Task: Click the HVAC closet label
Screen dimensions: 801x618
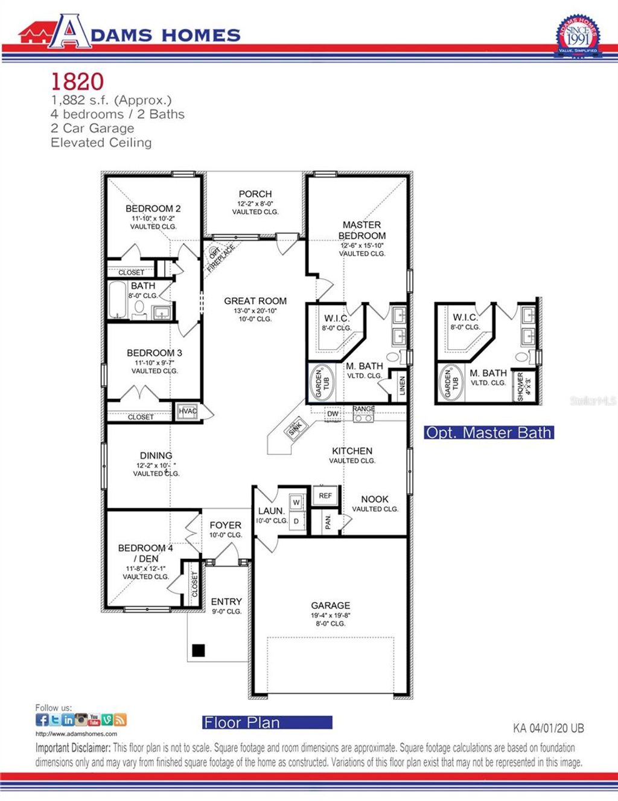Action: [188, 411]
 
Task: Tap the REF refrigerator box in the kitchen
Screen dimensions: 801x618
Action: [325, 495]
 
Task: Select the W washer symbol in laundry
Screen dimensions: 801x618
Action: [296, 503]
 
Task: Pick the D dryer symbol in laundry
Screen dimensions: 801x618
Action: [296, 521]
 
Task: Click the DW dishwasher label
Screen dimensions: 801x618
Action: [333, 414]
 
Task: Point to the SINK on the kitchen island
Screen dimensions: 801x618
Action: [295, 429]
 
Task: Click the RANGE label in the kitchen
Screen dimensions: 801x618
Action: [364, 410]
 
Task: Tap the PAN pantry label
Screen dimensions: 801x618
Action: [328, 522]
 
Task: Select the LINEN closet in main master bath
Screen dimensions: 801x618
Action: [402, 387]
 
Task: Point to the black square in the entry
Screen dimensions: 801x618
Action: [198, 651]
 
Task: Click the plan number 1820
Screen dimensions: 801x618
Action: [77, 82]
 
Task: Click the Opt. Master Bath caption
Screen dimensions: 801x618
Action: [488, 433]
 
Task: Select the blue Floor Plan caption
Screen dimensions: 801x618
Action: [267, 722]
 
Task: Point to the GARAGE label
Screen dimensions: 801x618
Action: [330, 605]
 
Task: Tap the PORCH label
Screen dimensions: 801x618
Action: [255, 194]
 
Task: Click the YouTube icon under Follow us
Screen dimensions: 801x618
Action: [94, 719]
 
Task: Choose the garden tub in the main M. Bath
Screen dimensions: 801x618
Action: [320, 383]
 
